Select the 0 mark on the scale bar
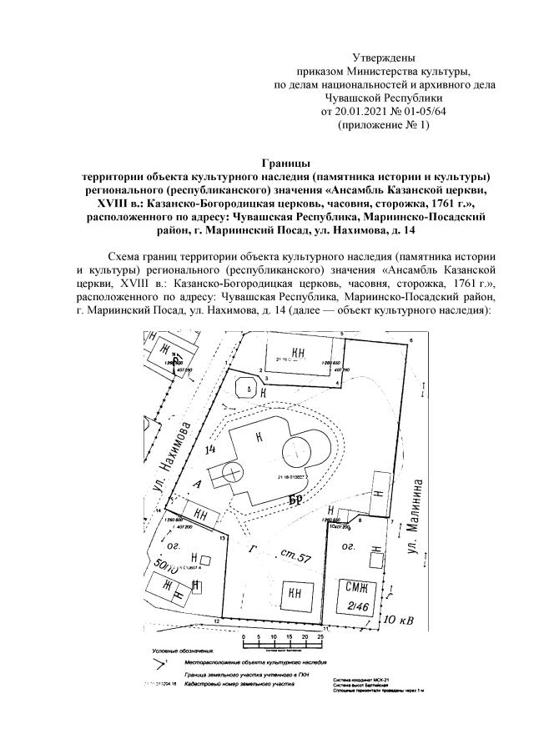[x=244, y=637]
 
